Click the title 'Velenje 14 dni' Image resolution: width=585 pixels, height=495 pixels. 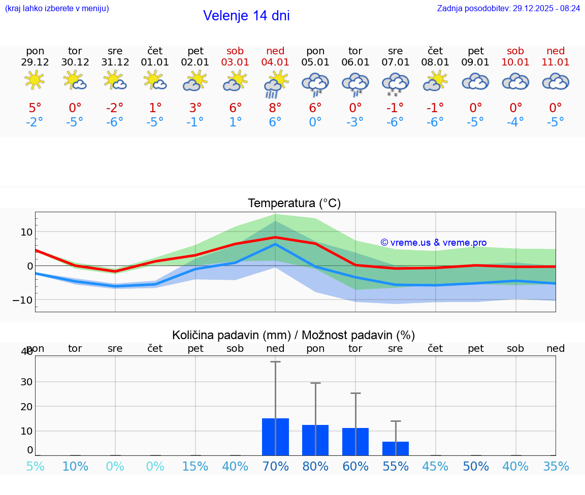tap(246, 16)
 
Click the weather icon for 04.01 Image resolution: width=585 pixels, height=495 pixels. tap(275, 83)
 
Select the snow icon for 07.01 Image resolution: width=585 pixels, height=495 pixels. tap(395, 84)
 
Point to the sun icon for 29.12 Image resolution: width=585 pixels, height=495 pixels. tap(35, 80)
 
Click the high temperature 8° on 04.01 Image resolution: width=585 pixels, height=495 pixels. tap(275, 108)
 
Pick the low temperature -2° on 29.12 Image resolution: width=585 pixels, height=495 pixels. tap(35, 122)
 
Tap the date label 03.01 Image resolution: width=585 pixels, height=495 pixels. tap(235, 62)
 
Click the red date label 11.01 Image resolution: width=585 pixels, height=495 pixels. tap(556, 62)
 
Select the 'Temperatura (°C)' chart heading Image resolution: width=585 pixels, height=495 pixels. tap(294, 204)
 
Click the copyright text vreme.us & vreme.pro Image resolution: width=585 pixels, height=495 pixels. tap(433, 243)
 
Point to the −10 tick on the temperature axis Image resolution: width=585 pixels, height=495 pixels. tap(22, 300)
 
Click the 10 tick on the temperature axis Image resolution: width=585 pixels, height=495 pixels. tap(26, 232)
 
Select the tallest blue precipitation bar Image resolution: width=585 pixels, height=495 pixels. tap(275, 437)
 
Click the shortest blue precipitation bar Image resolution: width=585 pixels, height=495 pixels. tap(395, 448)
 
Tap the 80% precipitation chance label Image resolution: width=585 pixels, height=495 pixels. tap(315, 467)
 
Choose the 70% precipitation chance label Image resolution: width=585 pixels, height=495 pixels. tap(275, 467)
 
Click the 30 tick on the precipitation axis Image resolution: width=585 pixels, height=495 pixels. tap(26, 382)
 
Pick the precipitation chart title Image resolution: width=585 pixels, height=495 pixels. tap(294, 335)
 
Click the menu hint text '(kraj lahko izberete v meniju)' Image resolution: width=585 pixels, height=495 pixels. tap(57, 8)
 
